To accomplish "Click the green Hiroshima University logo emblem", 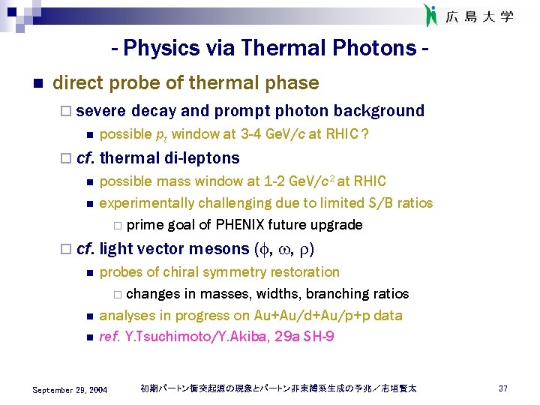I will [x=430, y=15].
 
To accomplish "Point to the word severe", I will [x=101, y=111].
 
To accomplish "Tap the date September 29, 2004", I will [x=70, y=389].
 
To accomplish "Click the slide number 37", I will [x=502, y=388].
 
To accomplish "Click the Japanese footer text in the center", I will [x=278, y=388].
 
